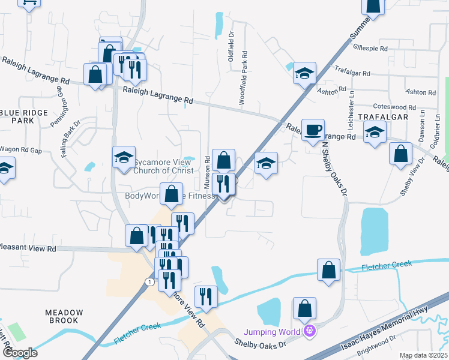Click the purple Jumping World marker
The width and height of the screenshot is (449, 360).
310,330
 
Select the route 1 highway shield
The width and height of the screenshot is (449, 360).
149,281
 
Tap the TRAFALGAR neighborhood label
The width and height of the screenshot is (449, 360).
384,116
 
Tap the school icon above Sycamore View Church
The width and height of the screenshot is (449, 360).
124,158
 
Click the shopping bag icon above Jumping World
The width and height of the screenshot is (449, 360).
305,308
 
